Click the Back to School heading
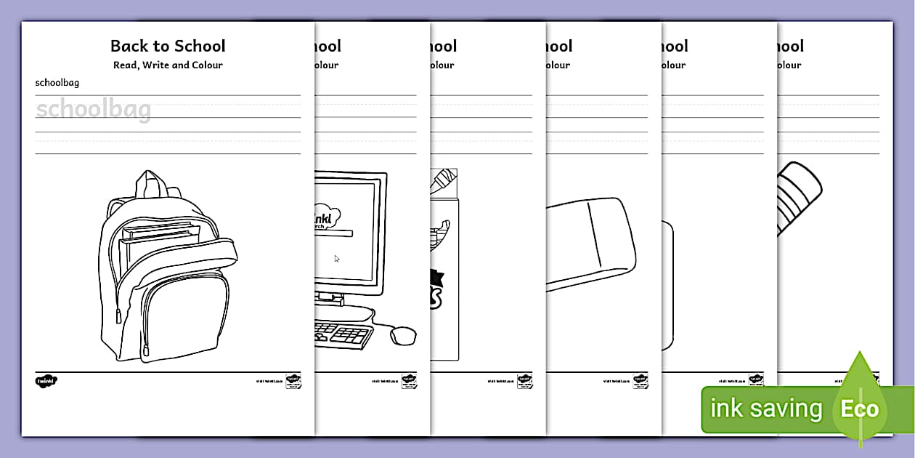pyautogui.click(x=168, y=46)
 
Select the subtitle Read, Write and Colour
pyautogui.click(x=168, y=65)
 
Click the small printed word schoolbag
pyautogui.click(x=57, y=83)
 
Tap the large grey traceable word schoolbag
pyautogui.click(x=94, y=111)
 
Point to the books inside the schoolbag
pyautogui.click(x=160, y=240)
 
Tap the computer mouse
pyautogui.click(x=403, y=334)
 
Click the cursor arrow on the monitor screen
pyautogui.click(x=336, y=258)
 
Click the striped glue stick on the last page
pyautogui.click(x=799, y=196)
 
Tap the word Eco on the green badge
pyautogui.click(x=860, y=409)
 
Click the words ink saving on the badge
pyautogui.click(x=765, y=409)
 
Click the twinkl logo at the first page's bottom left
pyautogui.click(x=46, y=380)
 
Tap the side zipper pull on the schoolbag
pyautogui.click(x=118, y=317)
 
